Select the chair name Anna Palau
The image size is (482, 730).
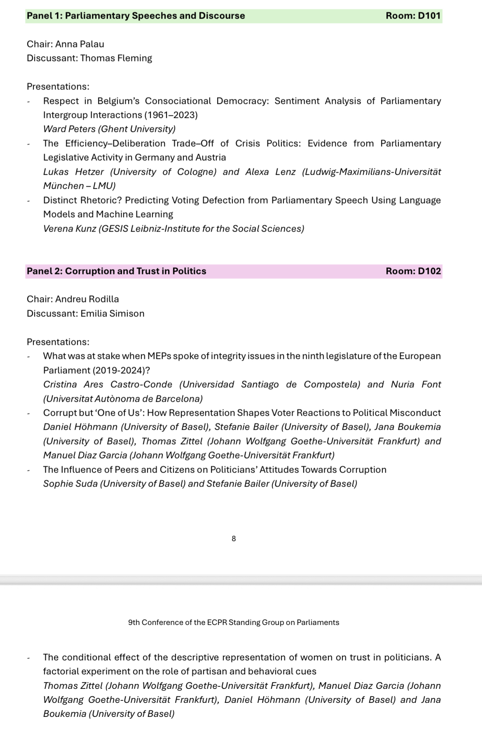coord(80,44)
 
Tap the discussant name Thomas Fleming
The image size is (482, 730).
coord(116,58)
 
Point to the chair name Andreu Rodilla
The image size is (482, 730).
coord(87,299)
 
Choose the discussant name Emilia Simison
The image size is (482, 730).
coord(112,314)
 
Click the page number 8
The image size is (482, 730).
coord(234,538)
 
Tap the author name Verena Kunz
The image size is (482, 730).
coord(69,229)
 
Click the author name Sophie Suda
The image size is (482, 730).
coord(70,484)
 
